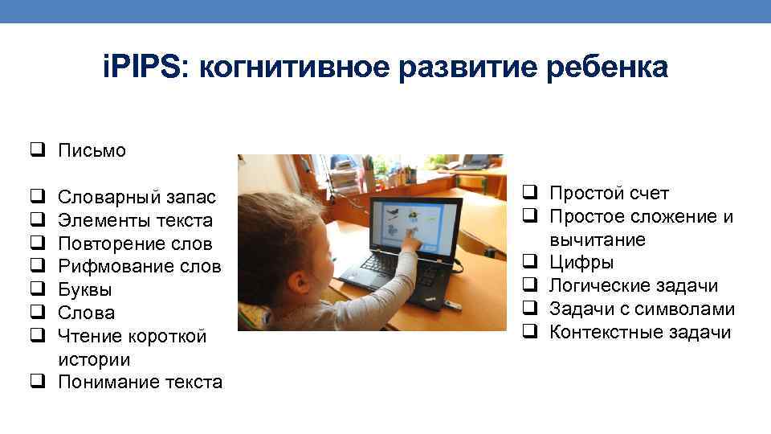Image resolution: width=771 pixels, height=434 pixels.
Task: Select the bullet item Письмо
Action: click(92, 150)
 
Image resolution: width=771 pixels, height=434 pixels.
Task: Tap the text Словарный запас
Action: click(137, 197)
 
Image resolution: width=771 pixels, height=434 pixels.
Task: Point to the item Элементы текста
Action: click(136, 220)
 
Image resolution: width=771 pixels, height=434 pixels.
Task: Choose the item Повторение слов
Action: click(136, 244)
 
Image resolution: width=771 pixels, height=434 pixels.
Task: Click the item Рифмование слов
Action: click(140, 267)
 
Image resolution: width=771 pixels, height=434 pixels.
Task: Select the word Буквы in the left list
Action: click(85, 289)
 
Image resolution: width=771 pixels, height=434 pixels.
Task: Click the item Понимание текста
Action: click(140, 383)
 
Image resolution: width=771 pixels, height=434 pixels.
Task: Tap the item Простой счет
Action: click(609, 193)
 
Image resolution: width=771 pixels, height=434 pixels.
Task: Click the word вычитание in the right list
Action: click(598, 240)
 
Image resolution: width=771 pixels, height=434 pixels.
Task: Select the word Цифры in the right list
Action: click(581, 262)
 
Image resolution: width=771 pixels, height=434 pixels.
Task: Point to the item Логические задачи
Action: click(634, 286)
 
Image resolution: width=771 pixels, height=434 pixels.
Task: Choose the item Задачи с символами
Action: click(642, 309)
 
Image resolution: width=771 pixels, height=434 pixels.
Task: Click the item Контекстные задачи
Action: click(640, 333)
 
